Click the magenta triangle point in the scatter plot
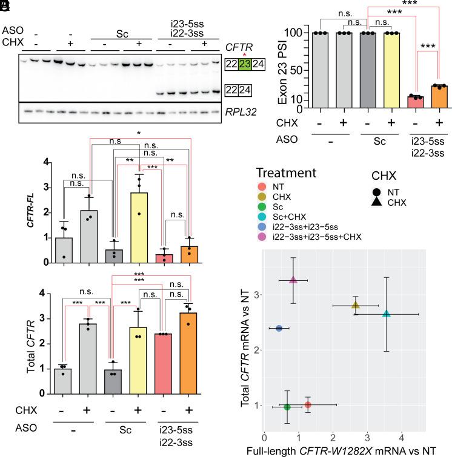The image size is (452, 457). tap(293, 280)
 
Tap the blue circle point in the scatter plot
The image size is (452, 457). tap(279, 328)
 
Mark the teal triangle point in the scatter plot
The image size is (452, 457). tap(387, 314)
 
